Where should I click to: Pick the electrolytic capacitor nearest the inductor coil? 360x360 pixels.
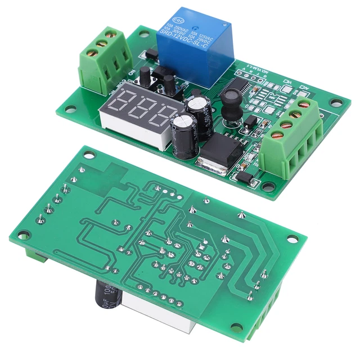[x=201, y=110]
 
